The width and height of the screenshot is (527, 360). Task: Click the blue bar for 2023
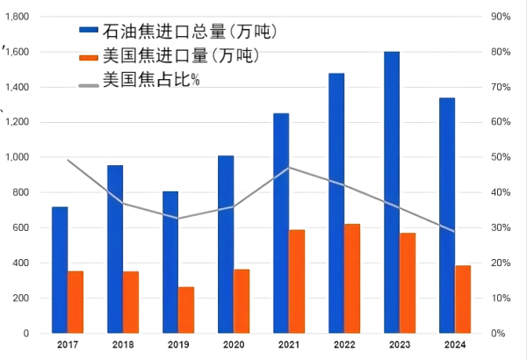coord(392,192)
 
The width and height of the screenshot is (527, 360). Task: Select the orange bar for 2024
coord(463,299)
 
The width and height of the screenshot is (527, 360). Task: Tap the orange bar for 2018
coord(131,302)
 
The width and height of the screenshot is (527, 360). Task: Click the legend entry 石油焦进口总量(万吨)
coord(190,32)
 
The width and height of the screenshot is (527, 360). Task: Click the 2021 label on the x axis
coord(289,346)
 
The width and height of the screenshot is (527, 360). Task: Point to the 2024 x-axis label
coord(455,346)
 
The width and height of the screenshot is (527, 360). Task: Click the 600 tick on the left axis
coord(21,227)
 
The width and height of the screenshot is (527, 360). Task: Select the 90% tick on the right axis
coord(501,17)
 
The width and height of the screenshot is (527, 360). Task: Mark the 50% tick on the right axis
coord(501,157)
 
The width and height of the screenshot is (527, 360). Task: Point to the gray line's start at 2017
coord(68,160)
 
